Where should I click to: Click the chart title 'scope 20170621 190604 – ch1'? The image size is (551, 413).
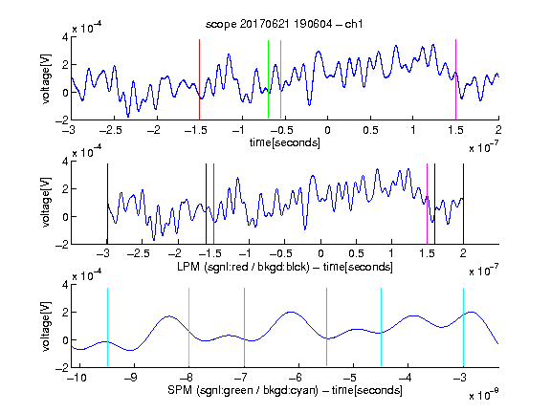click(x=284, y=24)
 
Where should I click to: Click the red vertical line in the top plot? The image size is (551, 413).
click(x=199, y=79)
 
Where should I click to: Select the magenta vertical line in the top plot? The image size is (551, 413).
click(x=455, y=79)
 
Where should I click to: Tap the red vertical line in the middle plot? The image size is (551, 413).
click(x=213, y=204)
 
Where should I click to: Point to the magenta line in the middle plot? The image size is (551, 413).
click(x=427, y=204)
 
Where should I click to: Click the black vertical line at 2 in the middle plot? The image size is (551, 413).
click(x=463, y=204)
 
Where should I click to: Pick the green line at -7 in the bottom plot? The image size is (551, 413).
click(x=244, y=327)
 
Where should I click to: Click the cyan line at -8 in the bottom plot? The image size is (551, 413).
click(x=188, y=327)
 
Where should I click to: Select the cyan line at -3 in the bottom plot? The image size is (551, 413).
click(x=463, y=327)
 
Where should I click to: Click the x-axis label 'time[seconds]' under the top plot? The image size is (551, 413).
click(x=285, y=142)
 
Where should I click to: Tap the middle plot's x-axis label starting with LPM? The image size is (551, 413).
click(x=285, y=267)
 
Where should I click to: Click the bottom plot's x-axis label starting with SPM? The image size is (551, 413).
click(x=285, y=390)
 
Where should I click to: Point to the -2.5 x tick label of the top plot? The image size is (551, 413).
click(x=111, y=130)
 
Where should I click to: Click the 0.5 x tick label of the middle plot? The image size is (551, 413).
click(x=356, y=254)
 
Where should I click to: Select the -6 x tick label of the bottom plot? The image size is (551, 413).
click(x=296, y=378)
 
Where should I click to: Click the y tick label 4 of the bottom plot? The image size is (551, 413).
click(x=65, y=285)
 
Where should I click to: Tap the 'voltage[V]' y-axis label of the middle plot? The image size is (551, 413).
click(x=46, y=203)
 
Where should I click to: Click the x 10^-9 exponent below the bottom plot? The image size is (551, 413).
click(x=484, y=395)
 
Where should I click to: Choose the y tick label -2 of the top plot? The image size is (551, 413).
click(x=62, y=120)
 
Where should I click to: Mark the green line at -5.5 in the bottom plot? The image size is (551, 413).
click(x=327, y=327)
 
